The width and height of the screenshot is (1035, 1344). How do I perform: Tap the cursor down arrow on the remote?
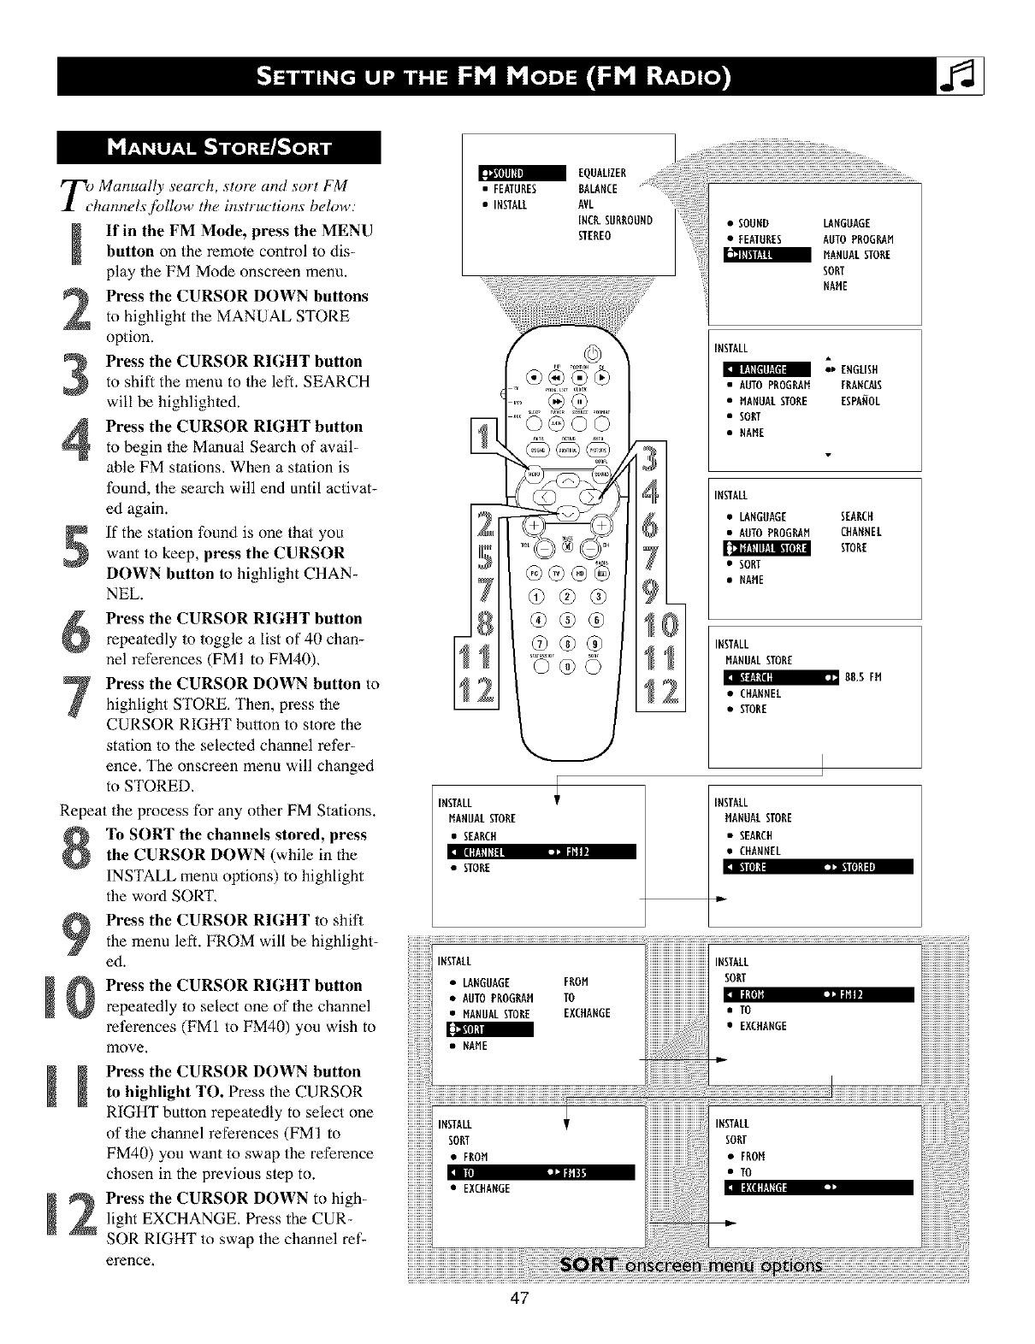tap(566, 512)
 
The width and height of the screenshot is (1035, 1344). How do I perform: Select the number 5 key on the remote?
tap(567, 619)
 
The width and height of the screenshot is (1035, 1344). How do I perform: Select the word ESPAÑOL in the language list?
tap(861, 401)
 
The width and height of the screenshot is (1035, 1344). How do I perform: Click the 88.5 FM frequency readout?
tap(862, 677)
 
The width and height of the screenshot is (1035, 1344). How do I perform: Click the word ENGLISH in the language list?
tap(860, 369)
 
